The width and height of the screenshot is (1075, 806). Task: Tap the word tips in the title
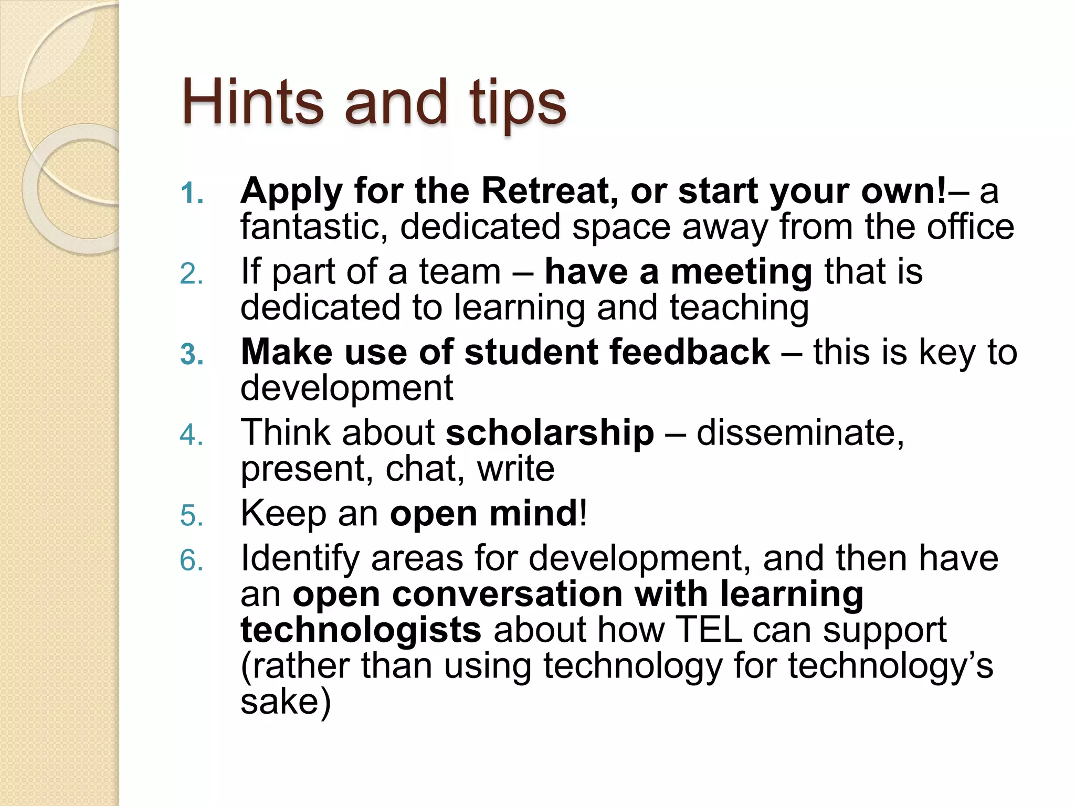click(x=518, y=103)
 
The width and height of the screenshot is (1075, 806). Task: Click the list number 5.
click(x=192, y=516)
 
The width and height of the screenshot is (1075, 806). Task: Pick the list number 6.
click(x=192, y=560)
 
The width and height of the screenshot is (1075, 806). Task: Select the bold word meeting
click(x=742, y=272)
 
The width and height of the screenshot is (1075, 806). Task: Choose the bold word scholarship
click(x=550, y=433)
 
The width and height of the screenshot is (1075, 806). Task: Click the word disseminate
click(x=800, y=433)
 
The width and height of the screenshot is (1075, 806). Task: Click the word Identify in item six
click(x=299, y=559)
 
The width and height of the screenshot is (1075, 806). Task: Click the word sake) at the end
click(x=286, y=702)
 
